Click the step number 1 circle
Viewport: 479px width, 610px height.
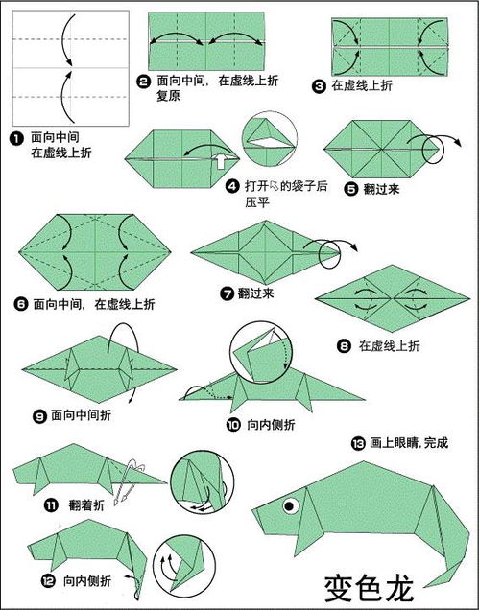pos(16,138)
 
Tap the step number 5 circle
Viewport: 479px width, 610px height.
pos(350,190)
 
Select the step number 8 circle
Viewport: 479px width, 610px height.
pos(344,346)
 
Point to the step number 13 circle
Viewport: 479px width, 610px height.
pos(358,443)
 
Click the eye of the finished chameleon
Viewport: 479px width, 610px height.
pos(290,505)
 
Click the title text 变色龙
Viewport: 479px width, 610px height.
pos(369,589)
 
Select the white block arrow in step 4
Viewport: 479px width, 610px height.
pos(221,160)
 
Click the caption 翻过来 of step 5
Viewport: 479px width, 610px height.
pos(381,190)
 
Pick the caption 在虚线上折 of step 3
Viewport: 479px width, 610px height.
pos(362,85)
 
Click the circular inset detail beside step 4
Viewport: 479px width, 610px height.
pos(270,138)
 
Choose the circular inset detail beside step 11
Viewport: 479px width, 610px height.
pos(202,482)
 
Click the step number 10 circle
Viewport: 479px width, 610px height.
pos(233,425)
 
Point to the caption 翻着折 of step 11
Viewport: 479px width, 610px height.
pos(86,504)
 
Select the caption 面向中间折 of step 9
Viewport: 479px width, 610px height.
pos(81,415)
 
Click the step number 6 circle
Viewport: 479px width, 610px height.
pos(21,304)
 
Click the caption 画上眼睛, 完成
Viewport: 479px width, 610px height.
pos(409,443)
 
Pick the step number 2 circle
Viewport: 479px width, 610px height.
pos(144,82)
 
